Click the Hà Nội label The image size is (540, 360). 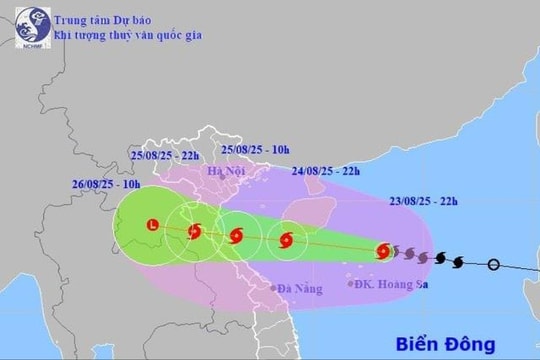click(225, 171)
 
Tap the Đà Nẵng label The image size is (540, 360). click(298, 289)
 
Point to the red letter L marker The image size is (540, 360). click(152, 224)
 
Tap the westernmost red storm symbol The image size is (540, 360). click(194, 231)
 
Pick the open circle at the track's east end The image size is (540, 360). click(492, 264)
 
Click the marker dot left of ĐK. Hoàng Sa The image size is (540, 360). click(350, 284)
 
